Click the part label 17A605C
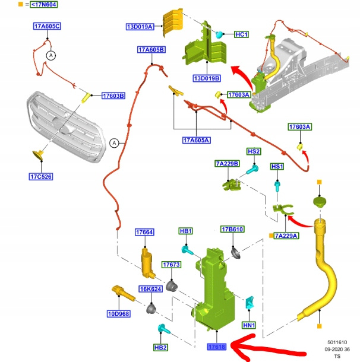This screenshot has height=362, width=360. (47, 27)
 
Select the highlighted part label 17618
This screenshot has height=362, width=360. (216, 347)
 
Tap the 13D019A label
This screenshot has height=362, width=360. (140, 27)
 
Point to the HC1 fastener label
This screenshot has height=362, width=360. (241, 34)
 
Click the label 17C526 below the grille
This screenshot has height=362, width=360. (41, 176)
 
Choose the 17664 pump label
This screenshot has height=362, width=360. (144, 232)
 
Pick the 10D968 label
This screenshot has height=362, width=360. (119, 313)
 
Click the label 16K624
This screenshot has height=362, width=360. (150, 289)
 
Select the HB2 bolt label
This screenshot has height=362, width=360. (160, 347)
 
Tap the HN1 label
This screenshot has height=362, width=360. (249, 325)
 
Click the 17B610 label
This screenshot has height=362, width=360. (232, 229)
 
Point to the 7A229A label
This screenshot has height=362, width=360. (286, 236)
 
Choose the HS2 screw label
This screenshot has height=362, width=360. (254, 152)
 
